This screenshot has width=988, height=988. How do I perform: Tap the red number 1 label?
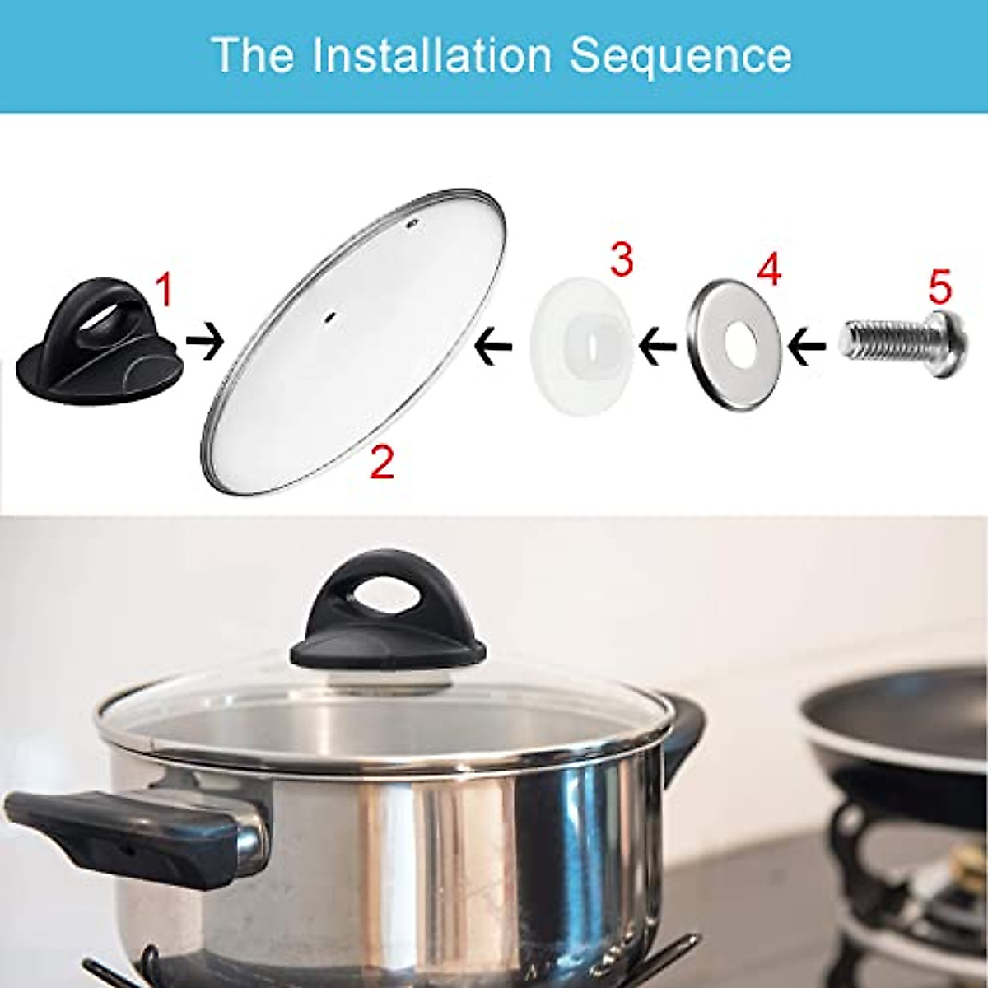point(165,291)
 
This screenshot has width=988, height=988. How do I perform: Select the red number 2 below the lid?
point(381,462)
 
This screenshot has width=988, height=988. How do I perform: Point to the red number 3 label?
point(621,259)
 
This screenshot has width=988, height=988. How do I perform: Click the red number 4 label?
point(767,271)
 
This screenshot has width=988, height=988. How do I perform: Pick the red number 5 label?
point(939,286)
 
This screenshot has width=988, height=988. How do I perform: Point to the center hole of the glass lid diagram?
point(329,316)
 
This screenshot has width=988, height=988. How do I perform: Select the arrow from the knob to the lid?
point(204,344)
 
